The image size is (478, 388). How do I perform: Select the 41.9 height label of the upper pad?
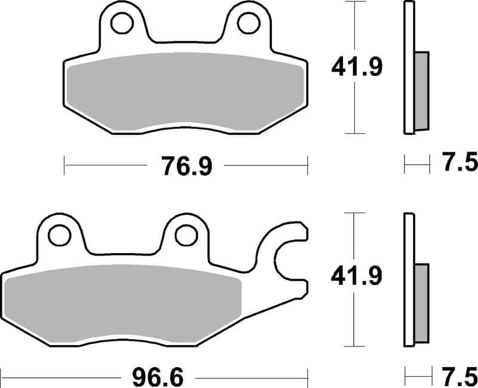[x=357, y=67]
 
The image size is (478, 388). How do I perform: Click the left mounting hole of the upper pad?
[x=122, y=23]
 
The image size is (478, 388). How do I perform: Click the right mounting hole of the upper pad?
[x=247, y=23]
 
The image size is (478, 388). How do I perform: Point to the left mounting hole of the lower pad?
[x=59, y=235]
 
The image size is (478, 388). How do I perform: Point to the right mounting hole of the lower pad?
[x=185, y=235]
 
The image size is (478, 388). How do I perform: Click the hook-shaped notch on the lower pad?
[x=291, y=257]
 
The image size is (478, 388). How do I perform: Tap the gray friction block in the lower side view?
[x=421, y=303]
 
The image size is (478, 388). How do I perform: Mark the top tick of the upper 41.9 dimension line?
[x=356, y=2]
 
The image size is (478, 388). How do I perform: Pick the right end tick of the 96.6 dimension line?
[x=307, y=378]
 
